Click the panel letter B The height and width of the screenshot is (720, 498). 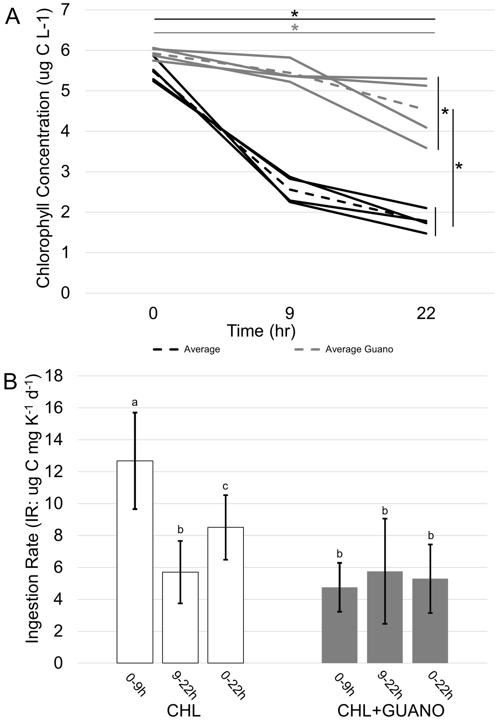[x=10, y=382]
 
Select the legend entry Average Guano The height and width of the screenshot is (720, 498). [x=359, y=349]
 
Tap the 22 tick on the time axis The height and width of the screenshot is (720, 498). [x=426, y=313]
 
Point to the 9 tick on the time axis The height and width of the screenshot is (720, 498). [x=290, y=313]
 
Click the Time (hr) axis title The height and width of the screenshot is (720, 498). [x=261, y=331]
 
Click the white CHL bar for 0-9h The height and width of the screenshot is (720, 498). [x=135, y=562]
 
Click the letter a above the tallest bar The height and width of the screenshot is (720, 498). [x=134, y=403]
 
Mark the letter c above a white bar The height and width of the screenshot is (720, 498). [x=225, y=486]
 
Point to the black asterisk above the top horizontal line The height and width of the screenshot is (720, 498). [x=294, y=14]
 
